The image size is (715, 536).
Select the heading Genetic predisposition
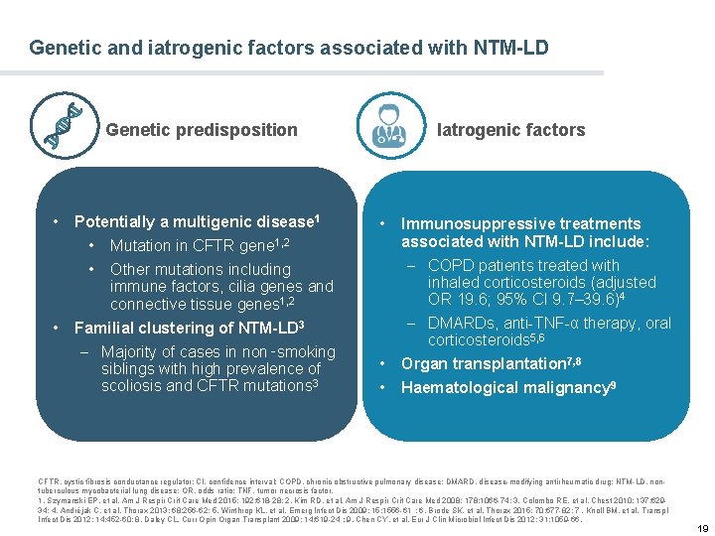(x=202, y=130)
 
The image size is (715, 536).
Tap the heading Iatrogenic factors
(x=511, y=130)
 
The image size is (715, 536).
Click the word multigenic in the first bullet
(x=210, y=221)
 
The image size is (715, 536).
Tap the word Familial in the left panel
(x=105, y=328)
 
